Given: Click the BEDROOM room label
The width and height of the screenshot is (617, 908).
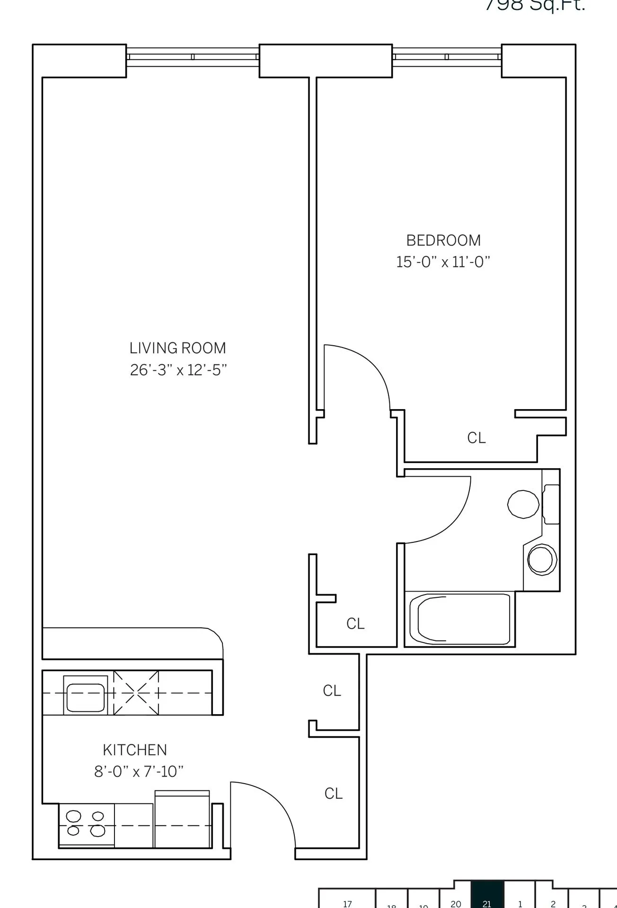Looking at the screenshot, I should [443, 240].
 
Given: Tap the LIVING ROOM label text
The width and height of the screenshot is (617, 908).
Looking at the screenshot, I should [178, 348].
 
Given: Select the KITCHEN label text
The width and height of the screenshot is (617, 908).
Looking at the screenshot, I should [135, 750].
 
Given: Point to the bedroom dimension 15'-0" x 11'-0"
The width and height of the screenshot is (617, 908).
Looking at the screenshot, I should [443, 262].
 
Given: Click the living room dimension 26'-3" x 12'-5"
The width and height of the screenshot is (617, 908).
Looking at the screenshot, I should [178, 370].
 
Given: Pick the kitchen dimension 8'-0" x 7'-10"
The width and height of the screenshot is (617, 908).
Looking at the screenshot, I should [139, 772].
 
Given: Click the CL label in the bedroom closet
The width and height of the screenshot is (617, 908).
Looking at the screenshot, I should [476, 438].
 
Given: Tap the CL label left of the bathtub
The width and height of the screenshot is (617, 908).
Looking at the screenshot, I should [355, 624].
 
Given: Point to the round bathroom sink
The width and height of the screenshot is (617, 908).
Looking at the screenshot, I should [542, 559].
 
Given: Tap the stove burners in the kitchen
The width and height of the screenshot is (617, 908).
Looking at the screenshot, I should [86, 823].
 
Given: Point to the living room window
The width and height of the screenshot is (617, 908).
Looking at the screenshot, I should [193, 57].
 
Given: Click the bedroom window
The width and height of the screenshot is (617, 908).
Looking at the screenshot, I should [447, 57].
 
